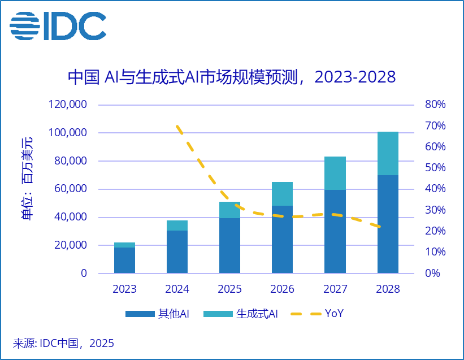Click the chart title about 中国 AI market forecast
click(232, 76)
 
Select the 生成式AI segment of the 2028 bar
click(388, 153)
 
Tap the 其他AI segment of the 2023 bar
click(124, 260)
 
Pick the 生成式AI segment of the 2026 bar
click(282, 194)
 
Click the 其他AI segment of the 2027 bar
click(335, 232)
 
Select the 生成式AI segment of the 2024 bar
click(177, 225)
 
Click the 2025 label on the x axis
click(229, 289)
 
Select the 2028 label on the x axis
click(388, 289)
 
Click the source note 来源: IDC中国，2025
click(63, 343)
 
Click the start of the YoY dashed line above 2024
click(177, 127)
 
